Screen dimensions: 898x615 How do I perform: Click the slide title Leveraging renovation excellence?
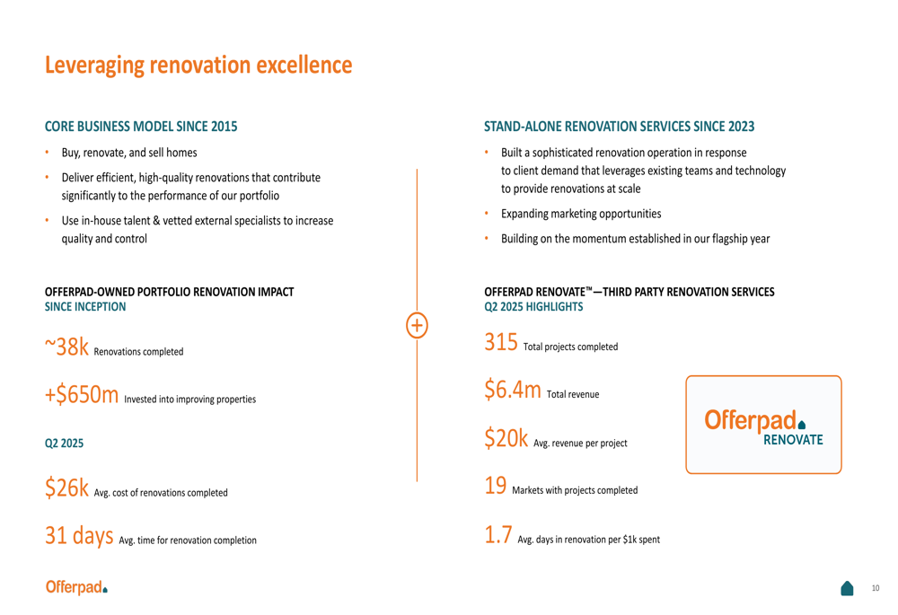coord(198,66)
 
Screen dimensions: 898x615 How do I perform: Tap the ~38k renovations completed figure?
coord(67,347)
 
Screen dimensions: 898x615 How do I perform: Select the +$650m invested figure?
coord(82,394)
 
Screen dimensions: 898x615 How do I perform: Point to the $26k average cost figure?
coord(67,488)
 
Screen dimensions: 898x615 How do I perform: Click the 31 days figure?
coord(79,536)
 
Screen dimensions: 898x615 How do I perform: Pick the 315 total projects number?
coord(501,342)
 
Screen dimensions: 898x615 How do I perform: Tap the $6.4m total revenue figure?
coord(513,390)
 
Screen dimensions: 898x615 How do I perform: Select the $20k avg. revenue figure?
coord(506,438)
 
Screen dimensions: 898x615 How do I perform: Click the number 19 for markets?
coord(496,486)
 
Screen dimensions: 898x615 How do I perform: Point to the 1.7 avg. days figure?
coord(498,535)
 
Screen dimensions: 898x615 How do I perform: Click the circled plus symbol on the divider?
coord(417,325)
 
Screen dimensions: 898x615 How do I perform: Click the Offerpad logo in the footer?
coord(76,587)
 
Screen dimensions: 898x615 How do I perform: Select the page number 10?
coord(875,588)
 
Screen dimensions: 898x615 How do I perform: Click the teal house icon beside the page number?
coord(847,588)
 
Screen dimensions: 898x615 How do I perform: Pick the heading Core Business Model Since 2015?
coord(141,127)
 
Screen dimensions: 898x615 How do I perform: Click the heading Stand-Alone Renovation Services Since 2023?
coord(619,127)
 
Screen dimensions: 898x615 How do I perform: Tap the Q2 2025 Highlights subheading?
coord(533,307)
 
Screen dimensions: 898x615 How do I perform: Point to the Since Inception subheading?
coord(85,307)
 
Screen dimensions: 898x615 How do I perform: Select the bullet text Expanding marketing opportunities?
coord(581,214)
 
